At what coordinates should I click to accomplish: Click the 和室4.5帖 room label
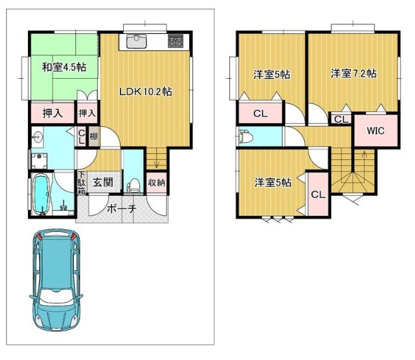click(x=65, y=67)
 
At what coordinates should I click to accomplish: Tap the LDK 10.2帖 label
click(x=146, y=91)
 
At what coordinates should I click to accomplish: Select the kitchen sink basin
click(x=137, y=41)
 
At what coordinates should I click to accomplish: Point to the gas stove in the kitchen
click(x=175, y=41)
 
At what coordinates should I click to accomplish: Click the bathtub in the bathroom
click(x=41, y=194)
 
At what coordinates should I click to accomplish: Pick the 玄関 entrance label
click(x=103, y=183)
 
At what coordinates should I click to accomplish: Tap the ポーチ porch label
click(x=122, y=209)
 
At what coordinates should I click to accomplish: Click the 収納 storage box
click(x=157, y=183)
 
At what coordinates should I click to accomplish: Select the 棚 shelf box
click(x=94, y=137)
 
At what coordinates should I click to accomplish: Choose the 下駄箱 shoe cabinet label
click(x=81, y=183)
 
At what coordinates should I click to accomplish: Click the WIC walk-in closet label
click(x=376, y=130)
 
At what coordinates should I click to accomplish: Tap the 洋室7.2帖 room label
click(x=354, y=73)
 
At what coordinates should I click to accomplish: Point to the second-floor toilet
click(x=246, y=136)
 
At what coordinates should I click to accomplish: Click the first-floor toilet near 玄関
click(x=133, y=185)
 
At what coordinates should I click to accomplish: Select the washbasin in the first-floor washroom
click(x=37, y=137)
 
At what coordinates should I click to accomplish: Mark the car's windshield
click(x=56, y=296)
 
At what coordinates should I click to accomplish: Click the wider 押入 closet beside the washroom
click(x=53, y=113)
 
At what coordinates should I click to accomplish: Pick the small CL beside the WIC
click(x=341, y=119)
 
